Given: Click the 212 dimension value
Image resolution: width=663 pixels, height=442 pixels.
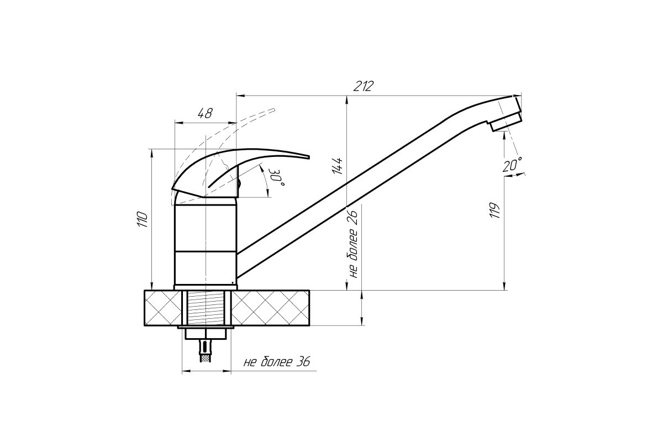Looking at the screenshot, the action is (x=364, y=86).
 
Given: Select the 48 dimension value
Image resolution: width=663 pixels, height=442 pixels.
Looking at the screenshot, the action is (x=205, y=113).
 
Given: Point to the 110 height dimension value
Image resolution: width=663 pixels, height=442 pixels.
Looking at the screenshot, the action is (x=142, y=219).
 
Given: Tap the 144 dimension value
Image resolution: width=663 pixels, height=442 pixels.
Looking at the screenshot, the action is (x=337, y=166).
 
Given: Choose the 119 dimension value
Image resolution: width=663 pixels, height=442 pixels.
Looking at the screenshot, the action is (x=494, y=211).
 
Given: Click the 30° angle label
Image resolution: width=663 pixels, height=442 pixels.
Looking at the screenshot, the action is (x=276, y=177).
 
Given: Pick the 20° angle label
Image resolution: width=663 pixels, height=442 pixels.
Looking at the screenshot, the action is (x=512, y=165).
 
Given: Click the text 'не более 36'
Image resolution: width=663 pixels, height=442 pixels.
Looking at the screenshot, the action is (x=277, y=362).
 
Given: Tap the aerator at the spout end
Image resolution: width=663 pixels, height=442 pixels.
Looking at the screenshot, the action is (x=506, y=122).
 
